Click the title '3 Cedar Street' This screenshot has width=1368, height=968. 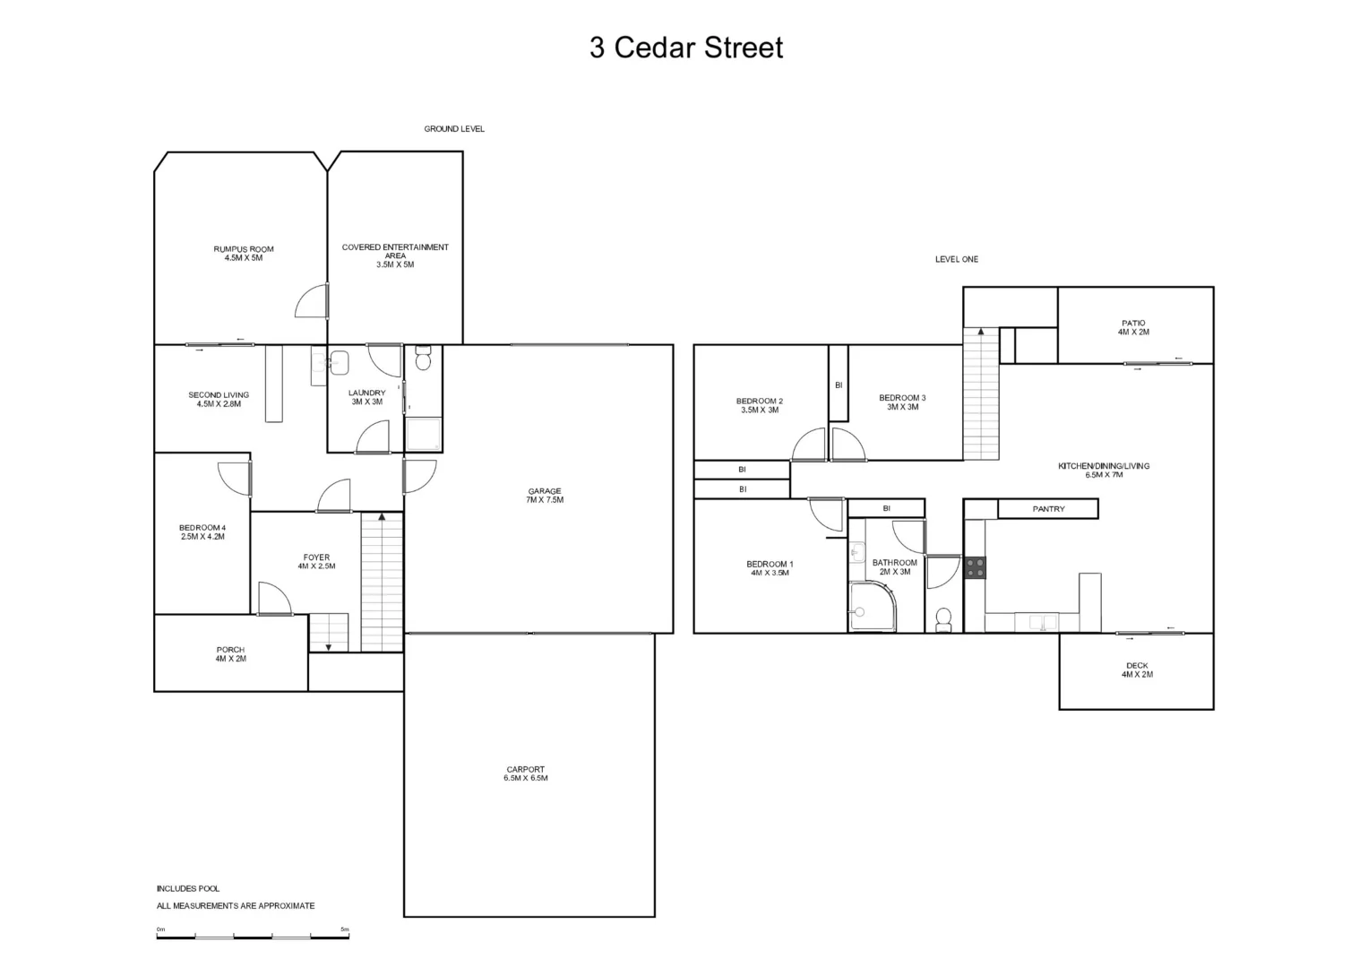point(685,48)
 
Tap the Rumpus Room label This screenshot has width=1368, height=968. point(244,254)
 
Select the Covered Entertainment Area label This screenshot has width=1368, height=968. point(395,255)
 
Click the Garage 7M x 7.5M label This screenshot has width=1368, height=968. point(545,495)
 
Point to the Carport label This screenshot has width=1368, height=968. point(526,774)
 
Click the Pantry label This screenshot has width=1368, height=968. point(1048,509)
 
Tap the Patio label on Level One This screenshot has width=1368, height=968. point(1133,327)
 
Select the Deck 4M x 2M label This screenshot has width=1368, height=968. point(1137,670)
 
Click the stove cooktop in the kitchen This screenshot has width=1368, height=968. point(975,567)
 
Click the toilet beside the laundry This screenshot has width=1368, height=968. point(424,359)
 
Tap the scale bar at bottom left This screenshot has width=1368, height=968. point(253,936)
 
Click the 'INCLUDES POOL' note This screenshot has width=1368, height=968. point(188,888)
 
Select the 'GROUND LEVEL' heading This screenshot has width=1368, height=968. point(454,129)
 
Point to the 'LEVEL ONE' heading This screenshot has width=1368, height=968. point(957,259)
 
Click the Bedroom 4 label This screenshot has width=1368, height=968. point(202,532)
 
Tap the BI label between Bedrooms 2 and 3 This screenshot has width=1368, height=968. point(839,385)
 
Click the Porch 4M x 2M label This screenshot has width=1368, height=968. point(230,654)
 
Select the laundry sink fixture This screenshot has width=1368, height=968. point(339,363)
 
